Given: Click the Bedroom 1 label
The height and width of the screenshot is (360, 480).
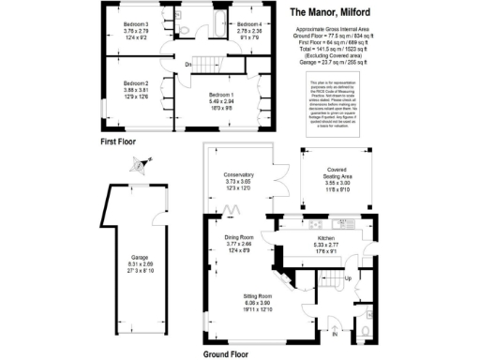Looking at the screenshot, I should [x=221, y=95].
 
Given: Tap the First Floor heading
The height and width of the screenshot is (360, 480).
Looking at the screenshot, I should [x=121, y=142].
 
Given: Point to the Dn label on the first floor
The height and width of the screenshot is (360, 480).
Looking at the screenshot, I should [x=188, y=64].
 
